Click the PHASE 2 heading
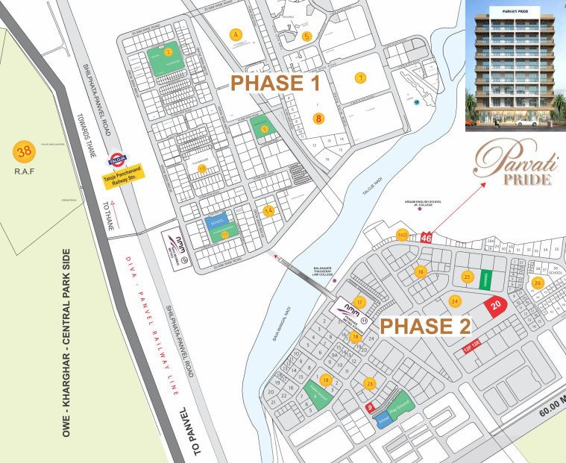point(426,326)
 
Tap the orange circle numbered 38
point(24,153)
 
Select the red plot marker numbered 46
point(426,237)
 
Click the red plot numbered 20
point(496,305)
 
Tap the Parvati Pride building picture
point(515,66)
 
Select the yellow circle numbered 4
point(236,34)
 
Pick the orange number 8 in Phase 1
point(318,118)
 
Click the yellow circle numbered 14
point(268,211)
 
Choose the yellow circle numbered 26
point(537,283)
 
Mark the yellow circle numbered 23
point(369,384)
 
